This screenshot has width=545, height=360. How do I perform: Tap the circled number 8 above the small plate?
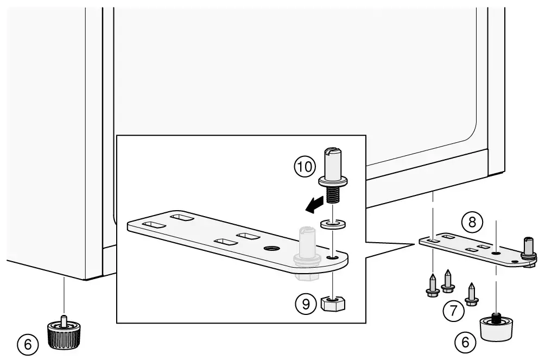(471, 222)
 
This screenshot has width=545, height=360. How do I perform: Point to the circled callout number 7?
(453, 311)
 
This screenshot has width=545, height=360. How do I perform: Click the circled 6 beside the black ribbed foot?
(28, 343)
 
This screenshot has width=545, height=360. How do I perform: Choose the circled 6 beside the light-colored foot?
(465, 343)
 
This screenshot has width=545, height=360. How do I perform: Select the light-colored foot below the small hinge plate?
(497, 328)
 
